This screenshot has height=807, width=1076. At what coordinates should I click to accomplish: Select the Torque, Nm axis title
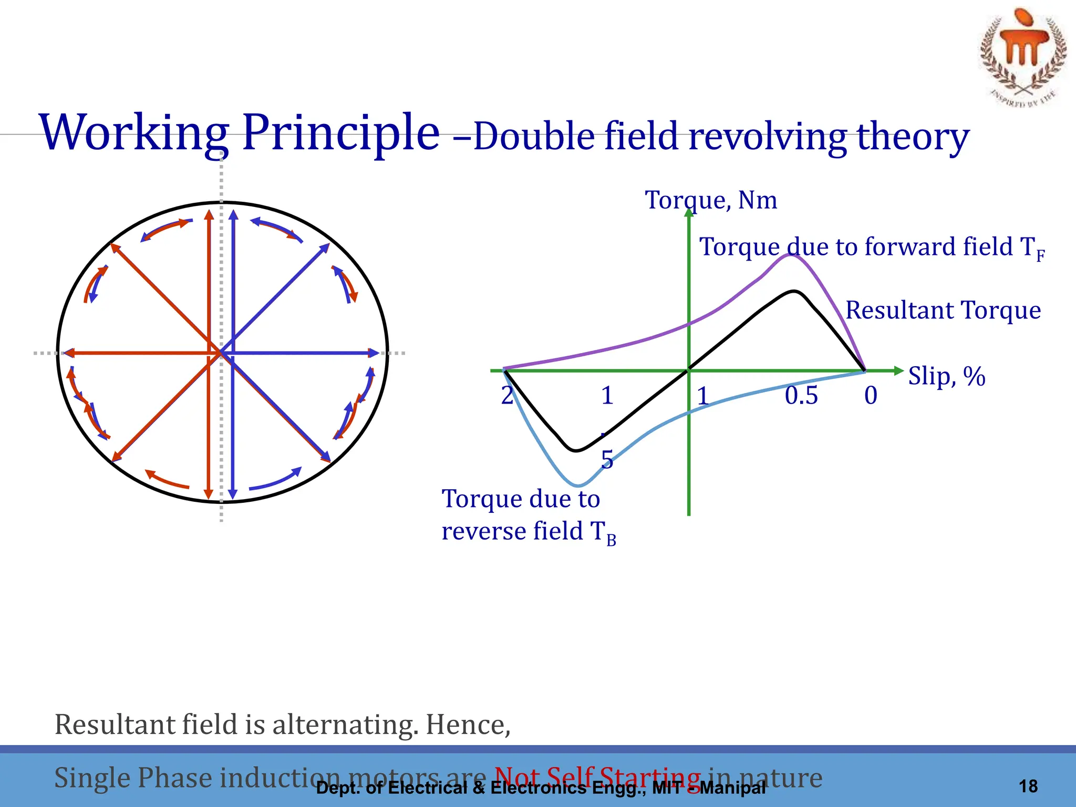(711, 200)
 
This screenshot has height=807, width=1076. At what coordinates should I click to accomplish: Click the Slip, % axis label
(946, 376)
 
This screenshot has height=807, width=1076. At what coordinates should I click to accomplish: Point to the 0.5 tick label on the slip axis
(801, 395)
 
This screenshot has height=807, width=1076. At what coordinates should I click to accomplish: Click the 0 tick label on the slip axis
(871, 395)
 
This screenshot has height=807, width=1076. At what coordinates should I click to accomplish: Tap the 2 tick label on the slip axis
(507, 395)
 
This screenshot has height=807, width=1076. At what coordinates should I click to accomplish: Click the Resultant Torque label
(943, 310)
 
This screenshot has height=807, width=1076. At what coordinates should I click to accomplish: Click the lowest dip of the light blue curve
(578, 485)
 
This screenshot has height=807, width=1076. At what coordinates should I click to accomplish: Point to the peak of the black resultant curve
(795, 291)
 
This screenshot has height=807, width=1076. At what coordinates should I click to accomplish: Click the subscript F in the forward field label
(1040, 256)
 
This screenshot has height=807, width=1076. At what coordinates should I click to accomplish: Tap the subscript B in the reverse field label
(611, 540)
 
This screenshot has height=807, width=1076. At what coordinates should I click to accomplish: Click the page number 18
(1028, 786)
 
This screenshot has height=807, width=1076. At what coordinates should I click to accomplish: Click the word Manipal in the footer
(733, 788)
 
